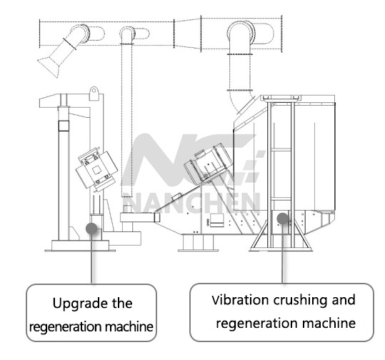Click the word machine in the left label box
point(129,326)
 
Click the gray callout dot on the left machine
point(91,229)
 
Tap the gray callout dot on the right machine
point(283,219)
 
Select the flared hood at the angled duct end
point(50,68)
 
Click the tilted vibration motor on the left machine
point(96,169)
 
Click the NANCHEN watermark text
point(191,203)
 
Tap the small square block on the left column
point(64,126)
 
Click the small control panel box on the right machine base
point(217,220)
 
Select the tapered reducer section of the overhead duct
point(188,34)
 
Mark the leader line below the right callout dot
point(282,254)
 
